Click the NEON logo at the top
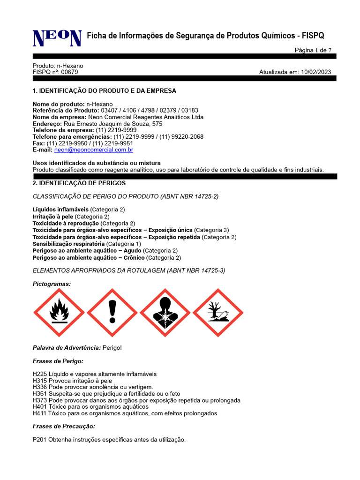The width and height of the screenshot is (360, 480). click(x=56, y=37)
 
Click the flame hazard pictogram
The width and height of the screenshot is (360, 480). click(x=59, y=312)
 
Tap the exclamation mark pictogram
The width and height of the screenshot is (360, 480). click(x=112, y=312)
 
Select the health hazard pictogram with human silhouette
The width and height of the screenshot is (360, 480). click(x=165, y=312)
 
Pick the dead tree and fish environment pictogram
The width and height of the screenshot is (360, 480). click(x=217, y=312)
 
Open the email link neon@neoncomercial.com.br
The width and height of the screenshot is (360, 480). click(x=94, y=150)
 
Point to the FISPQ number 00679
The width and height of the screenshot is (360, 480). click(x=70, y=72)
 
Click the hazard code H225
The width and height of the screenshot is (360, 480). click(x=40, y=374)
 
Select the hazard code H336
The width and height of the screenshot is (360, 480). click(x=40, y=387)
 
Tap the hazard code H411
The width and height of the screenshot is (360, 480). click(x=40, y=413)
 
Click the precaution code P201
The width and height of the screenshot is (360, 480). click(x=40, y=440)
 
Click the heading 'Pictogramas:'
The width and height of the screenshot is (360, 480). click(x=52, y=284)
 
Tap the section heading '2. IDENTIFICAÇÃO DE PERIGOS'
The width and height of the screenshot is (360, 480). click(x=79, y=183)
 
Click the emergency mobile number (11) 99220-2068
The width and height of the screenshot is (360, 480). click(x=181, y=137)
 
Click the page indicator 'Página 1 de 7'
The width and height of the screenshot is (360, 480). click(x=313, y=50)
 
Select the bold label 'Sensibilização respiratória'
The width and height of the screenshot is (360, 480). click(x=69, y=244)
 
